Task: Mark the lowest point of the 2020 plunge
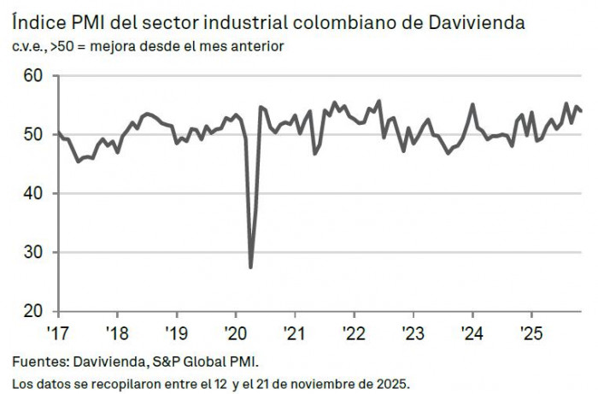[x=250, y=267]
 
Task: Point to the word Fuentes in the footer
[x=38, y=362]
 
